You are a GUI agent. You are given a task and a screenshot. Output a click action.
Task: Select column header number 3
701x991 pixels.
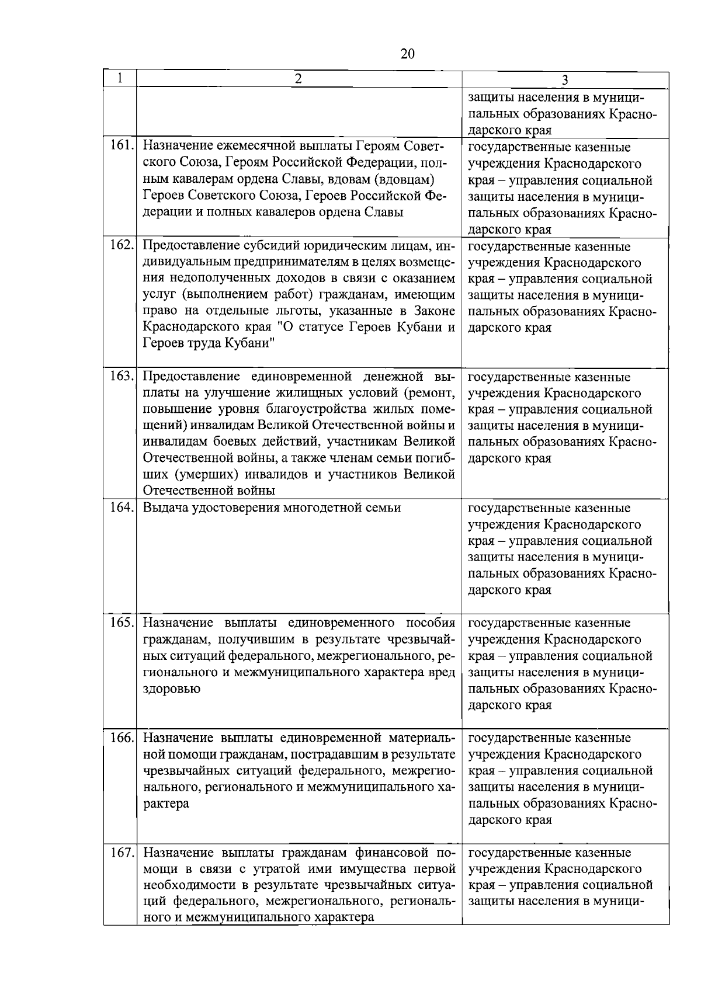pyautogui.click(x=565, y=81)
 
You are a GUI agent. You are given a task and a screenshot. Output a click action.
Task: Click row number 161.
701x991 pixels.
pyautogui.click(x=122, y=146)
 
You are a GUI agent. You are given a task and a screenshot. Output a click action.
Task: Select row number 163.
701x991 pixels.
pyautogui.click(x=122, y=376)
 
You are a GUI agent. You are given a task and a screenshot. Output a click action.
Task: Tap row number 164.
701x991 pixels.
pyautogui.click(x=122, y=507)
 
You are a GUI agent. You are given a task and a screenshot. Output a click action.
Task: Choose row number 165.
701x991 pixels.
pyautogui.click(x=122, y=623)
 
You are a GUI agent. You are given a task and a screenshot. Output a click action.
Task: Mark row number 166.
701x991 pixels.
pyautogui.click(x=122, y=738)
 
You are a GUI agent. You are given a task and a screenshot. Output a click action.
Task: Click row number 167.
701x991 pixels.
pyautogui.click(x=122, y=852)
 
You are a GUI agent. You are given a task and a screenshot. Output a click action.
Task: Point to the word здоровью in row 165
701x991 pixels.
pyautogui.click(x=172, y=689)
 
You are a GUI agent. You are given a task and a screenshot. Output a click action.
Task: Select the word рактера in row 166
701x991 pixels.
pyautogui.click(x=166, y=804)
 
